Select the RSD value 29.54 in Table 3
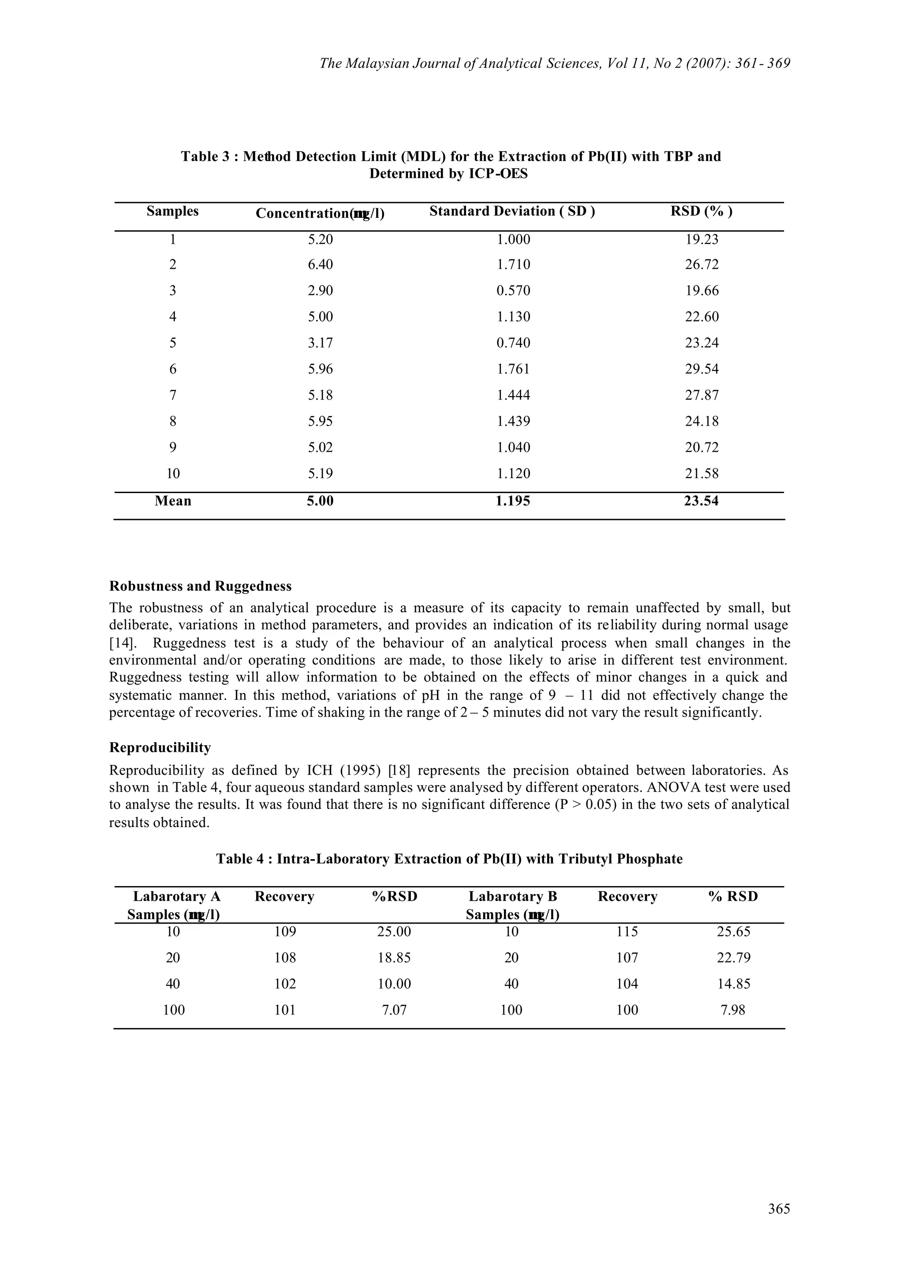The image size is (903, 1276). click(701, 369)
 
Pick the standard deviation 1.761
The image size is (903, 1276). click(513, 369)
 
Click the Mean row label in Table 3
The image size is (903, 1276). click(173, 501)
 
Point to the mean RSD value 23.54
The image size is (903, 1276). click(701, 501)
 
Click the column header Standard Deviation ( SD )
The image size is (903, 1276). click(512, 211)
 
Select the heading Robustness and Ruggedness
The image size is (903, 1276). click(200, 586)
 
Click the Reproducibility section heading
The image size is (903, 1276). click(160, 748)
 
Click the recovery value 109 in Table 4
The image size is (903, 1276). click(285, 932)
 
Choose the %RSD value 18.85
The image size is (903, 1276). click(394, 958)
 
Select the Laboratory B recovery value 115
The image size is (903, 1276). click(627, 932)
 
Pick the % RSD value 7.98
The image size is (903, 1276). click(733, 1010)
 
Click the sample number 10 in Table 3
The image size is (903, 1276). click(173, 474)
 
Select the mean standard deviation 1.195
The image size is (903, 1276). click(513, 501)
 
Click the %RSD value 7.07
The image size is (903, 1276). click(394, 1010)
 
